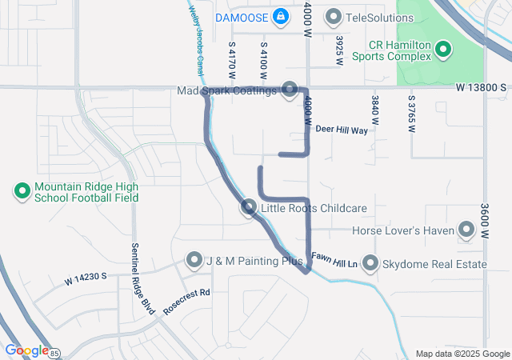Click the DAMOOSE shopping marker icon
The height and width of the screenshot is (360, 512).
281,16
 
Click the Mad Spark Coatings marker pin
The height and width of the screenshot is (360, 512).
290,90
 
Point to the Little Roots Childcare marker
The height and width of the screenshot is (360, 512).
249,208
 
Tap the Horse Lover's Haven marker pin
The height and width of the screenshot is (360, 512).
466,230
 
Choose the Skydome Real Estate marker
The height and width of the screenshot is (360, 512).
370,262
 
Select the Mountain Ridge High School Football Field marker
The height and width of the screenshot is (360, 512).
22,191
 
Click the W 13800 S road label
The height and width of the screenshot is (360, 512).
482,86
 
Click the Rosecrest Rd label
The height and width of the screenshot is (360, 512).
186,297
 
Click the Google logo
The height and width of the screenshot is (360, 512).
26,350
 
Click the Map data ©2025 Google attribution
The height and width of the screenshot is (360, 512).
462,354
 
